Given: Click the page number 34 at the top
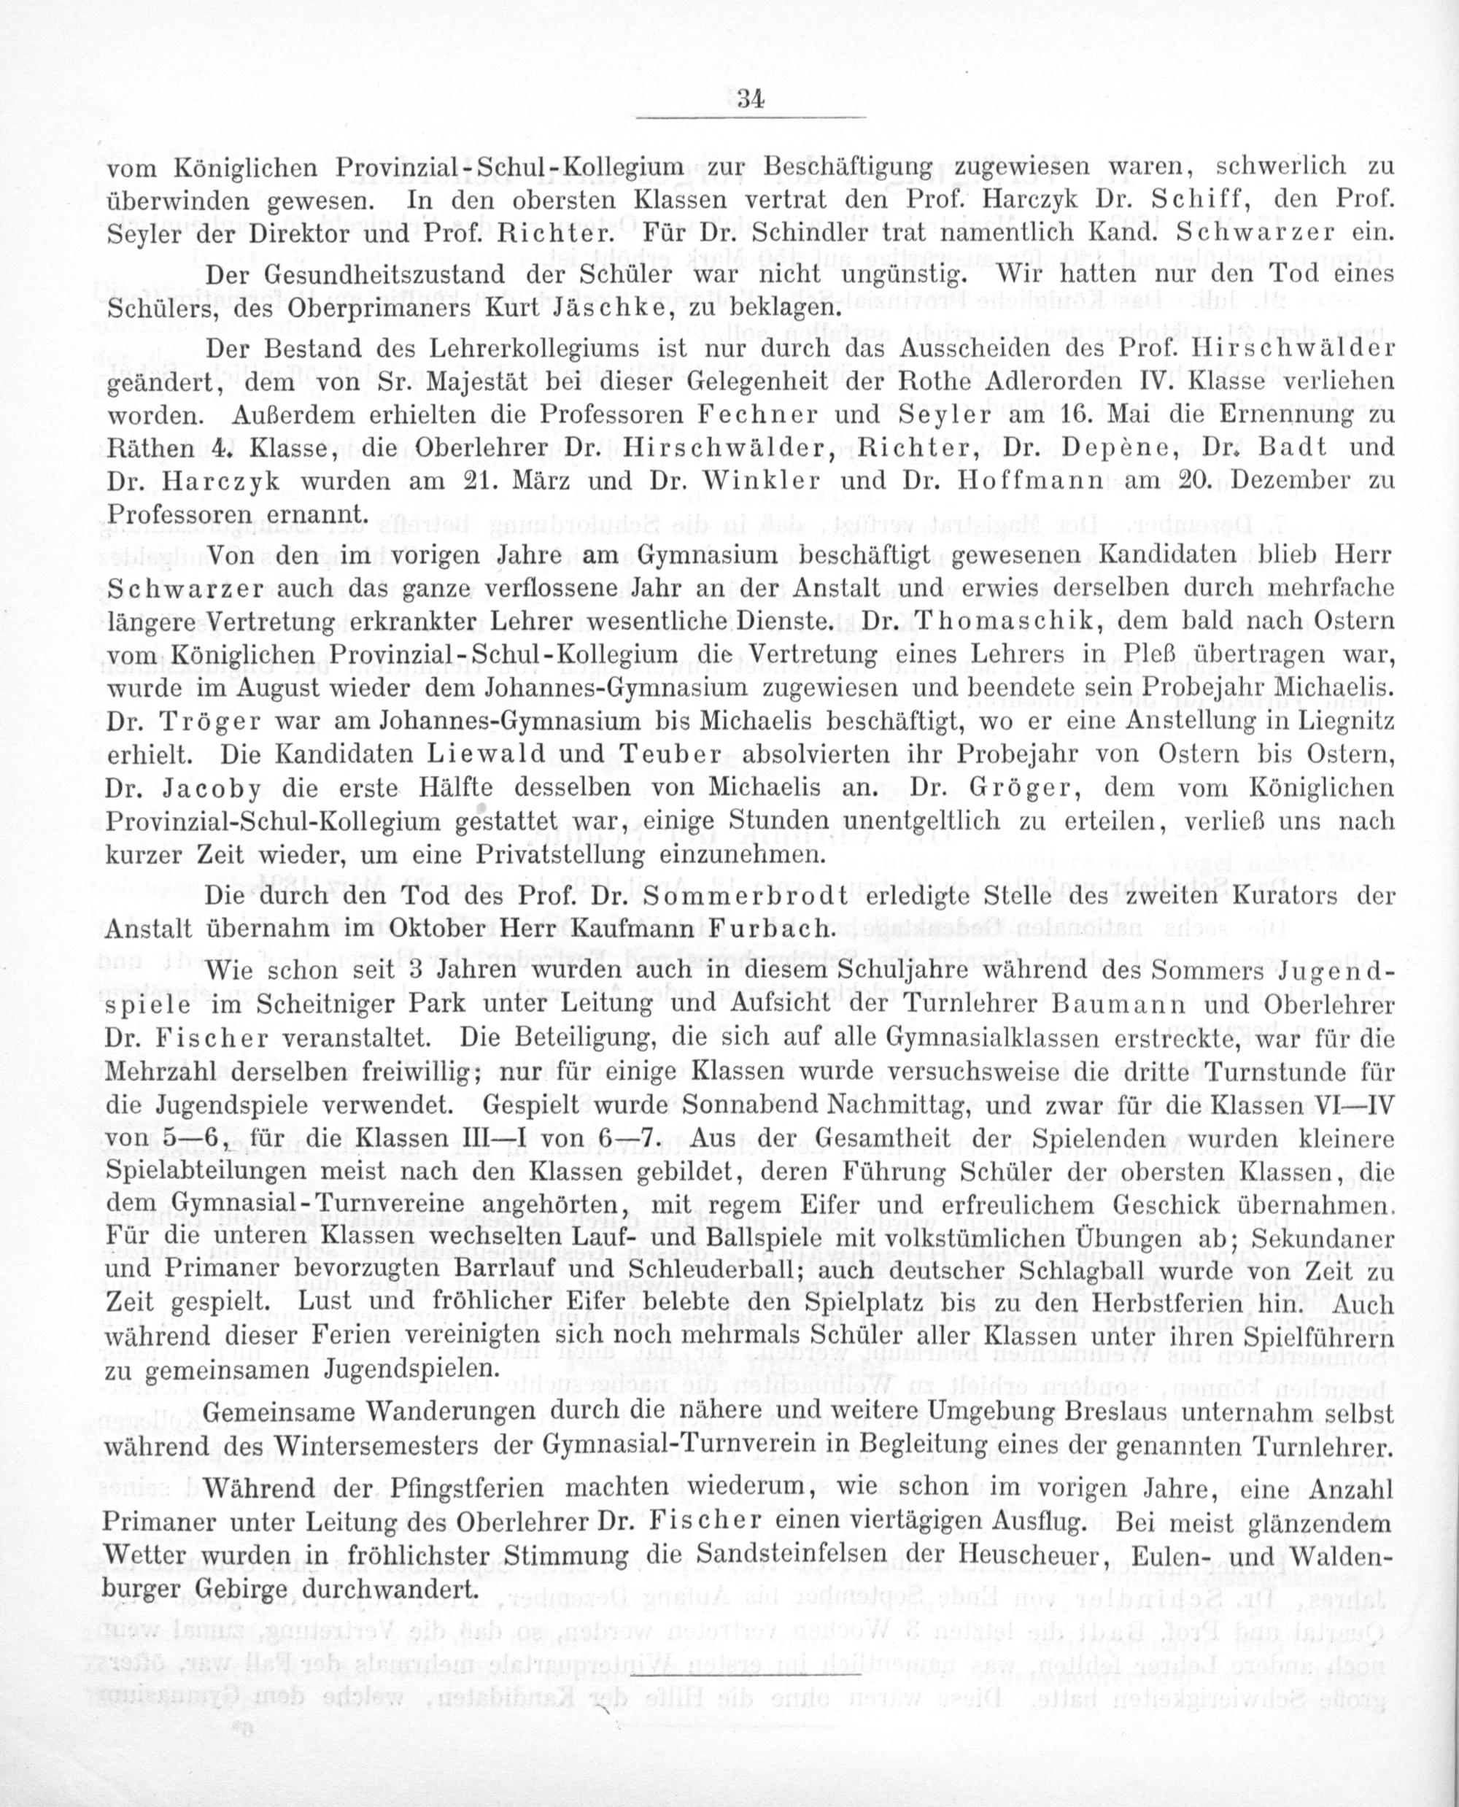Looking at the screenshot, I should pos(750,98).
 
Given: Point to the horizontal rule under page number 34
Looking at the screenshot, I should pos(750,117).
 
